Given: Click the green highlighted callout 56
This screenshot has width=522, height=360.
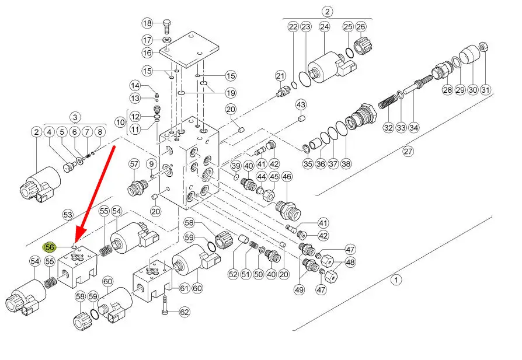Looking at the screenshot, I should (50, 247).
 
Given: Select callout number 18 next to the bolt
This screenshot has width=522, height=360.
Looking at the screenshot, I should (147, 23).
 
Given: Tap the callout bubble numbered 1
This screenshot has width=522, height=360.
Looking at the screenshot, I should (396, 280).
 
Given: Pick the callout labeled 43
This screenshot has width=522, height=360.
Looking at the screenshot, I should (301, 104).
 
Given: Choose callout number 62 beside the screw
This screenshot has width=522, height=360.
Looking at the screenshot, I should (185, 312).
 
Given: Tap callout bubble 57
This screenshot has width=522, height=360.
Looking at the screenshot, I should (134, 165).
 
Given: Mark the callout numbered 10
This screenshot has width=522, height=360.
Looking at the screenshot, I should (120, 123).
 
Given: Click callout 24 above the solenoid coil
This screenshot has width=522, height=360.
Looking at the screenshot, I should (325, 26).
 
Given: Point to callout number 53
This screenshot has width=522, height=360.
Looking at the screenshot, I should (68, 215).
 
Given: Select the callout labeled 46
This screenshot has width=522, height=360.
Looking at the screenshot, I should (287, 176).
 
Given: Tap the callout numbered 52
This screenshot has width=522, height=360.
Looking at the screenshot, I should (234, 274).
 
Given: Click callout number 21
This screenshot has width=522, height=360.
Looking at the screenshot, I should (280, 75).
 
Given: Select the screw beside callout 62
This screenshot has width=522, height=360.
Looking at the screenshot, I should (166, 304).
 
